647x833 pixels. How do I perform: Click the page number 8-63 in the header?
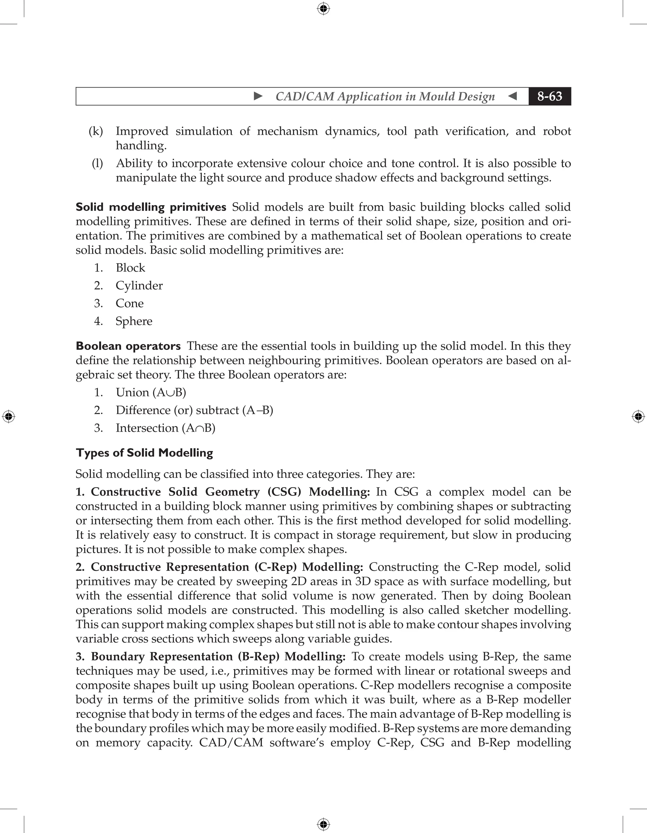[549, 96]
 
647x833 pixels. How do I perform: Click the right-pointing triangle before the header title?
[258, 96]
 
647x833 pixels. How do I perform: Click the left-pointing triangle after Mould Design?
[513, 96]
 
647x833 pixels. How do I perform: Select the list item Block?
[130, 268]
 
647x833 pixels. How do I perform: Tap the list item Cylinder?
[139, 286]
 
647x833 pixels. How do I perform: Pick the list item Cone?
[130, 303]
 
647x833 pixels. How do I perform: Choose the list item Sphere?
[134, 321]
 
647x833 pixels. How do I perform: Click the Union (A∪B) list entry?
[151, 392]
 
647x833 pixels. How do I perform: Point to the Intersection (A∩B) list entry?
[166, 428]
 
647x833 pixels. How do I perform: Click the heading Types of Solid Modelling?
[144, 453]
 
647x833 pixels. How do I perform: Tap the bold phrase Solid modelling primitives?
[151, 207]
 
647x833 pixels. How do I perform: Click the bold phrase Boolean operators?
[128, 346]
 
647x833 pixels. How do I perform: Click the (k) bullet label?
[96, 131]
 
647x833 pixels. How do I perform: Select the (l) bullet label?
[97, 163]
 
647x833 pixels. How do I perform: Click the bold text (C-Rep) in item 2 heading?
[275, 567]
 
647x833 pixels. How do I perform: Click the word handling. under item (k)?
[141, 146]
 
